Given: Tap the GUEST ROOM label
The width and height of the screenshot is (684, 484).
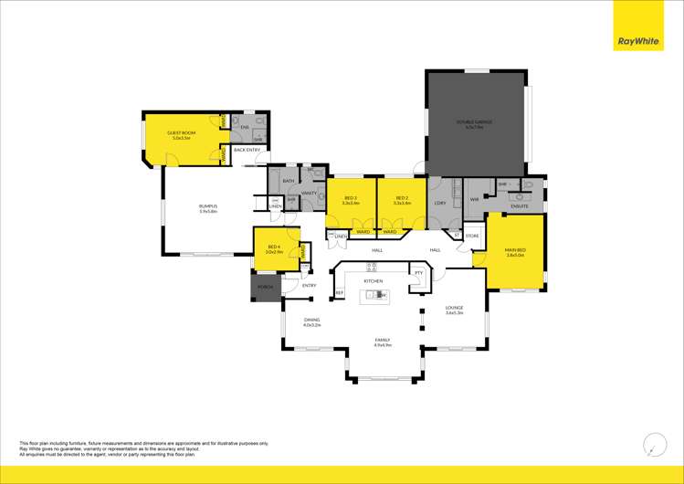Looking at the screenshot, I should coord(179,135).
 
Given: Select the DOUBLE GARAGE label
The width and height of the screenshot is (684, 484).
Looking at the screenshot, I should coord(475,123).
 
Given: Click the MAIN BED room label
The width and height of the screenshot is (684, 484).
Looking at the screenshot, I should coord(515,251).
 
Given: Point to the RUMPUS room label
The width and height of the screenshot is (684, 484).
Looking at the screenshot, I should coord(207,209).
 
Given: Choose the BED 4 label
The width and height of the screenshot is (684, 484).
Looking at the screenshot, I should coord(274,247).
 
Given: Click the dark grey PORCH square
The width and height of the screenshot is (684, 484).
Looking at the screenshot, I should coord(265,287).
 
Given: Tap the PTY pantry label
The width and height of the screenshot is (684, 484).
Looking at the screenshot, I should coord(418,272).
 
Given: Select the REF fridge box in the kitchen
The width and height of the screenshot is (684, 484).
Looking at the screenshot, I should coord(339,292).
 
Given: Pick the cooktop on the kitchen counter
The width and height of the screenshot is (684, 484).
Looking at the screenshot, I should coord(373,267).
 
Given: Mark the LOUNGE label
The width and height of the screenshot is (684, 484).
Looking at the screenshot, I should coord(454,310).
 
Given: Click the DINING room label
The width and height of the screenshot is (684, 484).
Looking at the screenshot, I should coord(312,321).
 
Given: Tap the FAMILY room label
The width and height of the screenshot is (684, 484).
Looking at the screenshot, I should coord(382,342).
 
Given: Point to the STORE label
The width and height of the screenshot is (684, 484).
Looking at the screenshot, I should coord(472,236).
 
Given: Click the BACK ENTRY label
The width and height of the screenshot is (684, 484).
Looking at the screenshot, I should coord(247,150).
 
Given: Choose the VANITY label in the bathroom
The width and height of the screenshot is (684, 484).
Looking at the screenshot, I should coord(309,194).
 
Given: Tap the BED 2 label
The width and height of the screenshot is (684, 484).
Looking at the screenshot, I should coord(401,200).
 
